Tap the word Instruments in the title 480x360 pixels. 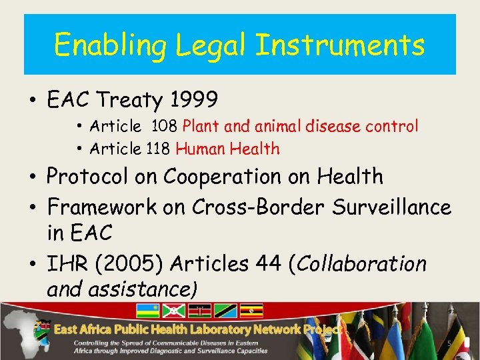(x=340, y=46)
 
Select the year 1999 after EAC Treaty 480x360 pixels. (x=193, y=100)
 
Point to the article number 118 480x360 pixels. (x=158, y=149)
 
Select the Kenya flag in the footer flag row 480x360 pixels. (x=200, y=311)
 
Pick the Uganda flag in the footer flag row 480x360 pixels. (x=251, y=311)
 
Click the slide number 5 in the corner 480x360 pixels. (x=449, y=343)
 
